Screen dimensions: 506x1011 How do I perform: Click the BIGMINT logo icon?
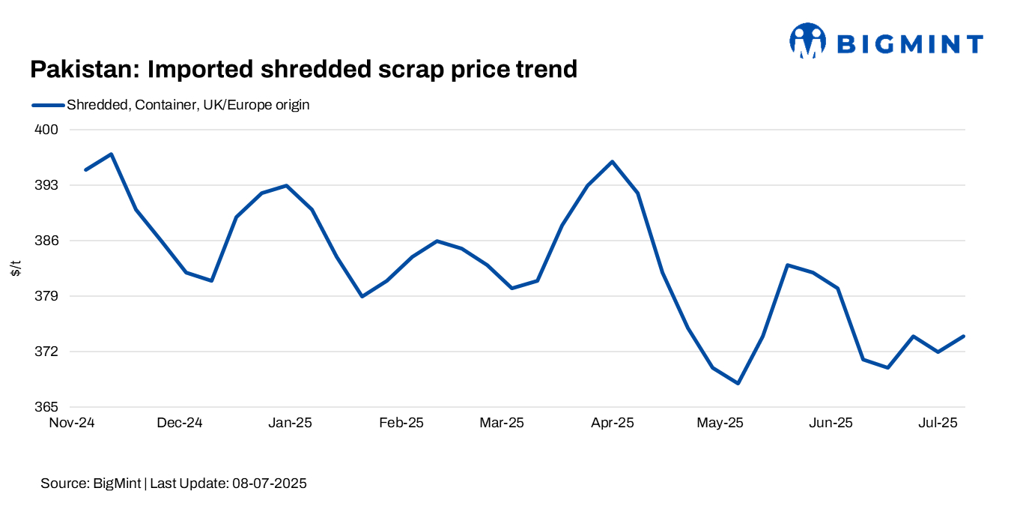[x=807, y=40]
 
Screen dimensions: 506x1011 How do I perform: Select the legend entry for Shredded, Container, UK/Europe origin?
[x=188, y=105]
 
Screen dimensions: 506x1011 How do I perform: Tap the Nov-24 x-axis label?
[x=72, y=423]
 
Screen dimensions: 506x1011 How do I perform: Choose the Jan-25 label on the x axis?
[x=290, y=423]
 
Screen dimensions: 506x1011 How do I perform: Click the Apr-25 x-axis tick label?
[x=612, y=423]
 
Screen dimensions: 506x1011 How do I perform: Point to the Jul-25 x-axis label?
[x=937, y=423]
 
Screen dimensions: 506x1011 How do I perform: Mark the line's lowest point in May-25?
[x=738, y=383]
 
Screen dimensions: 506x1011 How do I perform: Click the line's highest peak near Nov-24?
[x=111, y=154]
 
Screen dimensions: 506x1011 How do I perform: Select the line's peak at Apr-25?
[x=613, y=162]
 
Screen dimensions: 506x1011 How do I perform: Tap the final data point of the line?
[x=964, y=336]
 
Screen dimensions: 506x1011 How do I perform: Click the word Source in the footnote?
[x=63, y=484]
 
